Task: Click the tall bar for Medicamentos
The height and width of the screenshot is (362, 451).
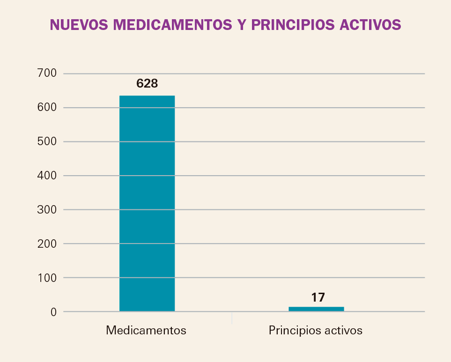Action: pyautogui.click(x=147, y=203)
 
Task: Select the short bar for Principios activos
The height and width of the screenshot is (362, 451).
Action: pyautogui.click(x=316, y=309)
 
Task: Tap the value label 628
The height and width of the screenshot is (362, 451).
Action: pyautogui.click(x=147, y=83)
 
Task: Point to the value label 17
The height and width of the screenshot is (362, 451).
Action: pyautogui.click(x=318, y=297)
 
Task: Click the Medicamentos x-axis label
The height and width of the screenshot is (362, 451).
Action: pyautogui.click(x=146, y=330)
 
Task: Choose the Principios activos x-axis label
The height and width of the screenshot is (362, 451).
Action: pyautogui.click(x=316, y=330)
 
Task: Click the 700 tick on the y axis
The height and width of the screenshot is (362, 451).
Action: pyautogui.click(x=46, y=74)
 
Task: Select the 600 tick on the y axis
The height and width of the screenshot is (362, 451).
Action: pyautogui.click(x=46, y=108)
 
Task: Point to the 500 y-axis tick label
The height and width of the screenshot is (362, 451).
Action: pyautogui.click(x=46, y=141)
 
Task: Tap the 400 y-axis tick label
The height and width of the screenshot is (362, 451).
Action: pyautogui.click(x=46, y=176)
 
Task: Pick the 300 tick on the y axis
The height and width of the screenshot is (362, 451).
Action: pyautogui.click(x=46, y=210)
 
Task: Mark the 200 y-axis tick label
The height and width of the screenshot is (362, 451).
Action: pyautogui.click(x=46, y=244)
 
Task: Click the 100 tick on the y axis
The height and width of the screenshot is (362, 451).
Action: pyautogui.click(x=46, y=278)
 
